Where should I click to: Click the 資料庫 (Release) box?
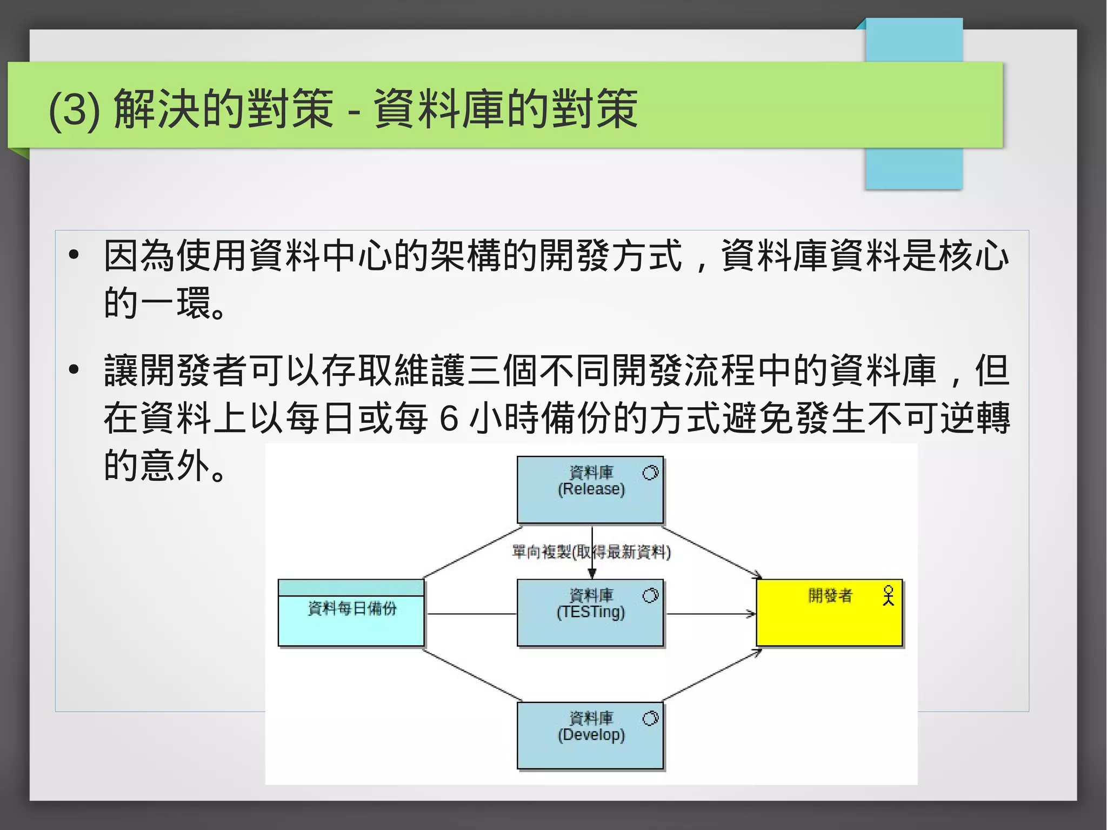590,503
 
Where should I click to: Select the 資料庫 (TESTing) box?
590,627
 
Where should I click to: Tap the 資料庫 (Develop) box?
590,749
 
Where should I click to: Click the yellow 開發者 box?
829,622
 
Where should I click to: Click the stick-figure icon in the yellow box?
888,595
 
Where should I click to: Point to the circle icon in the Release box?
650,473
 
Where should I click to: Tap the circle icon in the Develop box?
650,718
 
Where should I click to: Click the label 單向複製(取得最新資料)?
591,552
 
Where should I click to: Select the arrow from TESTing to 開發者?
711,614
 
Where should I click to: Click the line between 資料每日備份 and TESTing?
471,614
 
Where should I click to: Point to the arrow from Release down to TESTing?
592,562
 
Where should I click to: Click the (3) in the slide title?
75,110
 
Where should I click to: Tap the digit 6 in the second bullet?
449,418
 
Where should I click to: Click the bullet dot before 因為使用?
74,255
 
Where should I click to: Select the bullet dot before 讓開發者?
74,370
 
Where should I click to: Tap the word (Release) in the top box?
591,489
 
